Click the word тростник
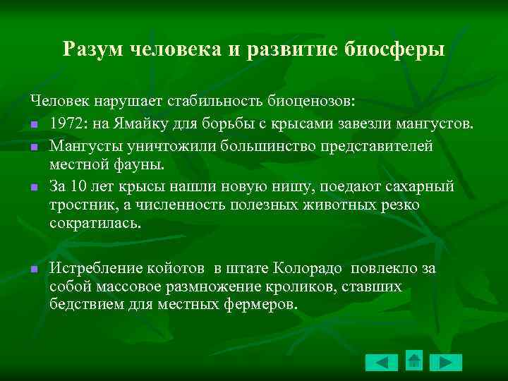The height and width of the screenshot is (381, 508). point(78,205)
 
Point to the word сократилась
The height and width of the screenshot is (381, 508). point(95,224)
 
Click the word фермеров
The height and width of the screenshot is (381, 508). point(260,305)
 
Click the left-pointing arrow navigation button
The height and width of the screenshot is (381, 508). point(382,362)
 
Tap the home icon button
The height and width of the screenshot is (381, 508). point(414,361)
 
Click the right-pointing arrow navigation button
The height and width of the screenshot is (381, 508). point(446,362)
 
